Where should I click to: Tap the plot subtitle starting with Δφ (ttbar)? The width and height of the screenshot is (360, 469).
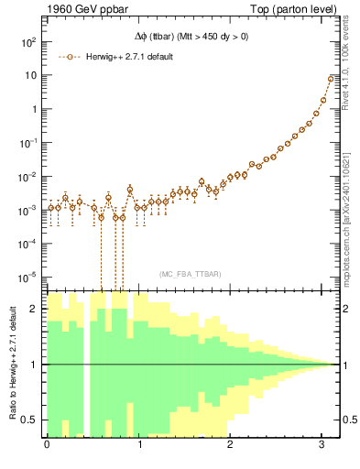pos(190,38)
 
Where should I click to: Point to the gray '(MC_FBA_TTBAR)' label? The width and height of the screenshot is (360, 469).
pos(190,274)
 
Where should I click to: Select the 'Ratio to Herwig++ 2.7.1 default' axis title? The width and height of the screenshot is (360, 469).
pos(12,364)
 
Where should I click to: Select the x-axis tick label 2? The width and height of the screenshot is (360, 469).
pos(231,446)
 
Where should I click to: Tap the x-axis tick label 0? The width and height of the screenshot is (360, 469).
pos(47,446)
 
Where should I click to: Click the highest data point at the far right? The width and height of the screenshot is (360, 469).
pos(331,79)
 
